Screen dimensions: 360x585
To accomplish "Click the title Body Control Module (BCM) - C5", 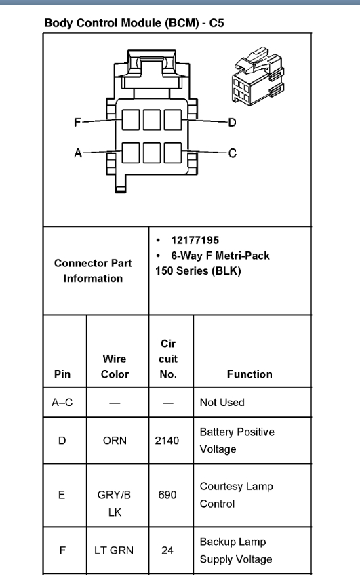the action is pos(134,23).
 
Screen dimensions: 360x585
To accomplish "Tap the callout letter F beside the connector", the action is pos(77,123).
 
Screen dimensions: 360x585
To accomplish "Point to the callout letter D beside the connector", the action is pos(232,123).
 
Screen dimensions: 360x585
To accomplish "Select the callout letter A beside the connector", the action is pos(78,153).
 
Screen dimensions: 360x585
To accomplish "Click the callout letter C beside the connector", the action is pos(233,153).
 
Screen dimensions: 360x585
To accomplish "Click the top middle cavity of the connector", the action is pos(151,120).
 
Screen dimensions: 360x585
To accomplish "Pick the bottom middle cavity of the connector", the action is pos(151,153).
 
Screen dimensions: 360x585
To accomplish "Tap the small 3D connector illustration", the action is pos(258,77).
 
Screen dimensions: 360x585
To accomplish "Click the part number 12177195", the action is pos(195,240).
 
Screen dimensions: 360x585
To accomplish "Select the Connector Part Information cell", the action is pos(93,270).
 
